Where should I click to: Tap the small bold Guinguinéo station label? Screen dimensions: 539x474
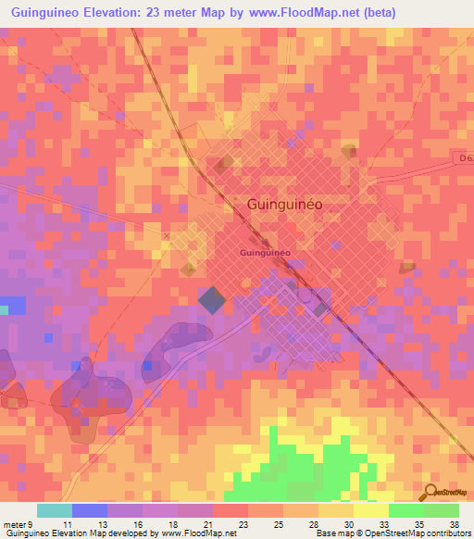[x=266, y=252]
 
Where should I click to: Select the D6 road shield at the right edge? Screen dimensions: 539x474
[x=466, y=159]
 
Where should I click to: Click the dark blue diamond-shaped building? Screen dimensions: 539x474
[x=212, y=299]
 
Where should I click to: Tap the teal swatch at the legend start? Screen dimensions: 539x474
[x=54, y=510]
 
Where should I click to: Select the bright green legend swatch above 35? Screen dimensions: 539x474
[x=405, y=510]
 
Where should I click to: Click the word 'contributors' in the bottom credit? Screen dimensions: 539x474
[x=448, y=533]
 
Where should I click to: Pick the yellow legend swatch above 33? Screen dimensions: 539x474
[x=370, y=510]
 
